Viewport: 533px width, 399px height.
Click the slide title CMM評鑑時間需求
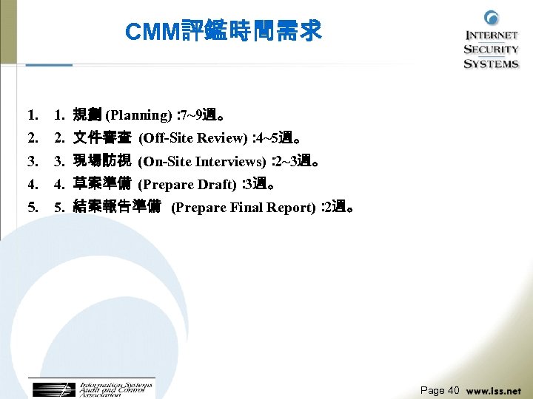[x=223, y=31]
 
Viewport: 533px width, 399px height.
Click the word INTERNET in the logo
[x=492, y=35]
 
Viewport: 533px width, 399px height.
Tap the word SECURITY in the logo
[x=492, y=50]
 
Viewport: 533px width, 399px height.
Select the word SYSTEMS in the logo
[x=492, y=64]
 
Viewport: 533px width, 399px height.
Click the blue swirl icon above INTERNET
[x=492, y=18]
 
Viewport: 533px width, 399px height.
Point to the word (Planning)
[x=139, y=115]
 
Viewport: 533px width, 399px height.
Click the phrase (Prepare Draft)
[x=187, y=184]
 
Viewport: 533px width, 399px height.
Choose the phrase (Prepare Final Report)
[x=243, y=208]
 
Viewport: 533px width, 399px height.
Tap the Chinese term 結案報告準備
[x=117, y=208]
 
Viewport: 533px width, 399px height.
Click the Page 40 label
[x=440, y=390]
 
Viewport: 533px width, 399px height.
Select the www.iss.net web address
[x=494, y=391]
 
